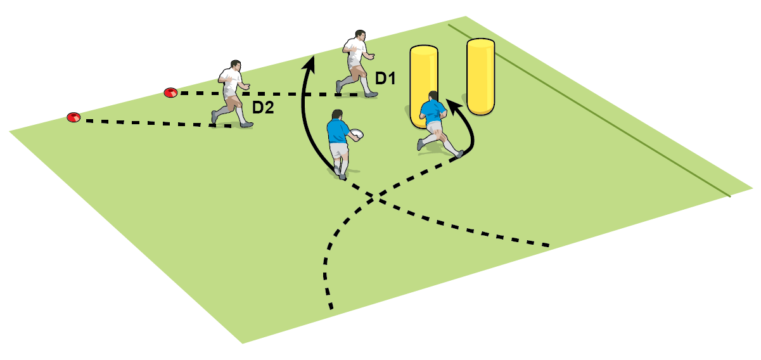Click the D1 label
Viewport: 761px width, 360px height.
385,79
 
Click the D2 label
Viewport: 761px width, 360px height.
262,108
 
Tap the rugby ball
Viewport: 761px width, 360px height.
355,134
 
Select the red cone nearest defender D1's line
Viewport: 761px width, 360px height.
170,93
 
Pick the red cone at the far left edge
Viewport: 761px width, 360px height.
74,117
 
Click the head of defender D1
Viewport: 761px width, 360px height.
360,35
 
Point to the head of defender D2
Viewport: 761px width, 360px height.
236,65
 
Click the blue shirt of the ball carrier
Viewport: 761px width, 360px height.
336,132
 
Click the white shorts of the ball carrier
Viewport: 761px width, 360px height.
340,151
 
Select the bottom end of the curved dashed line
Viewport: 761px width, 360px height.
330,308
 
